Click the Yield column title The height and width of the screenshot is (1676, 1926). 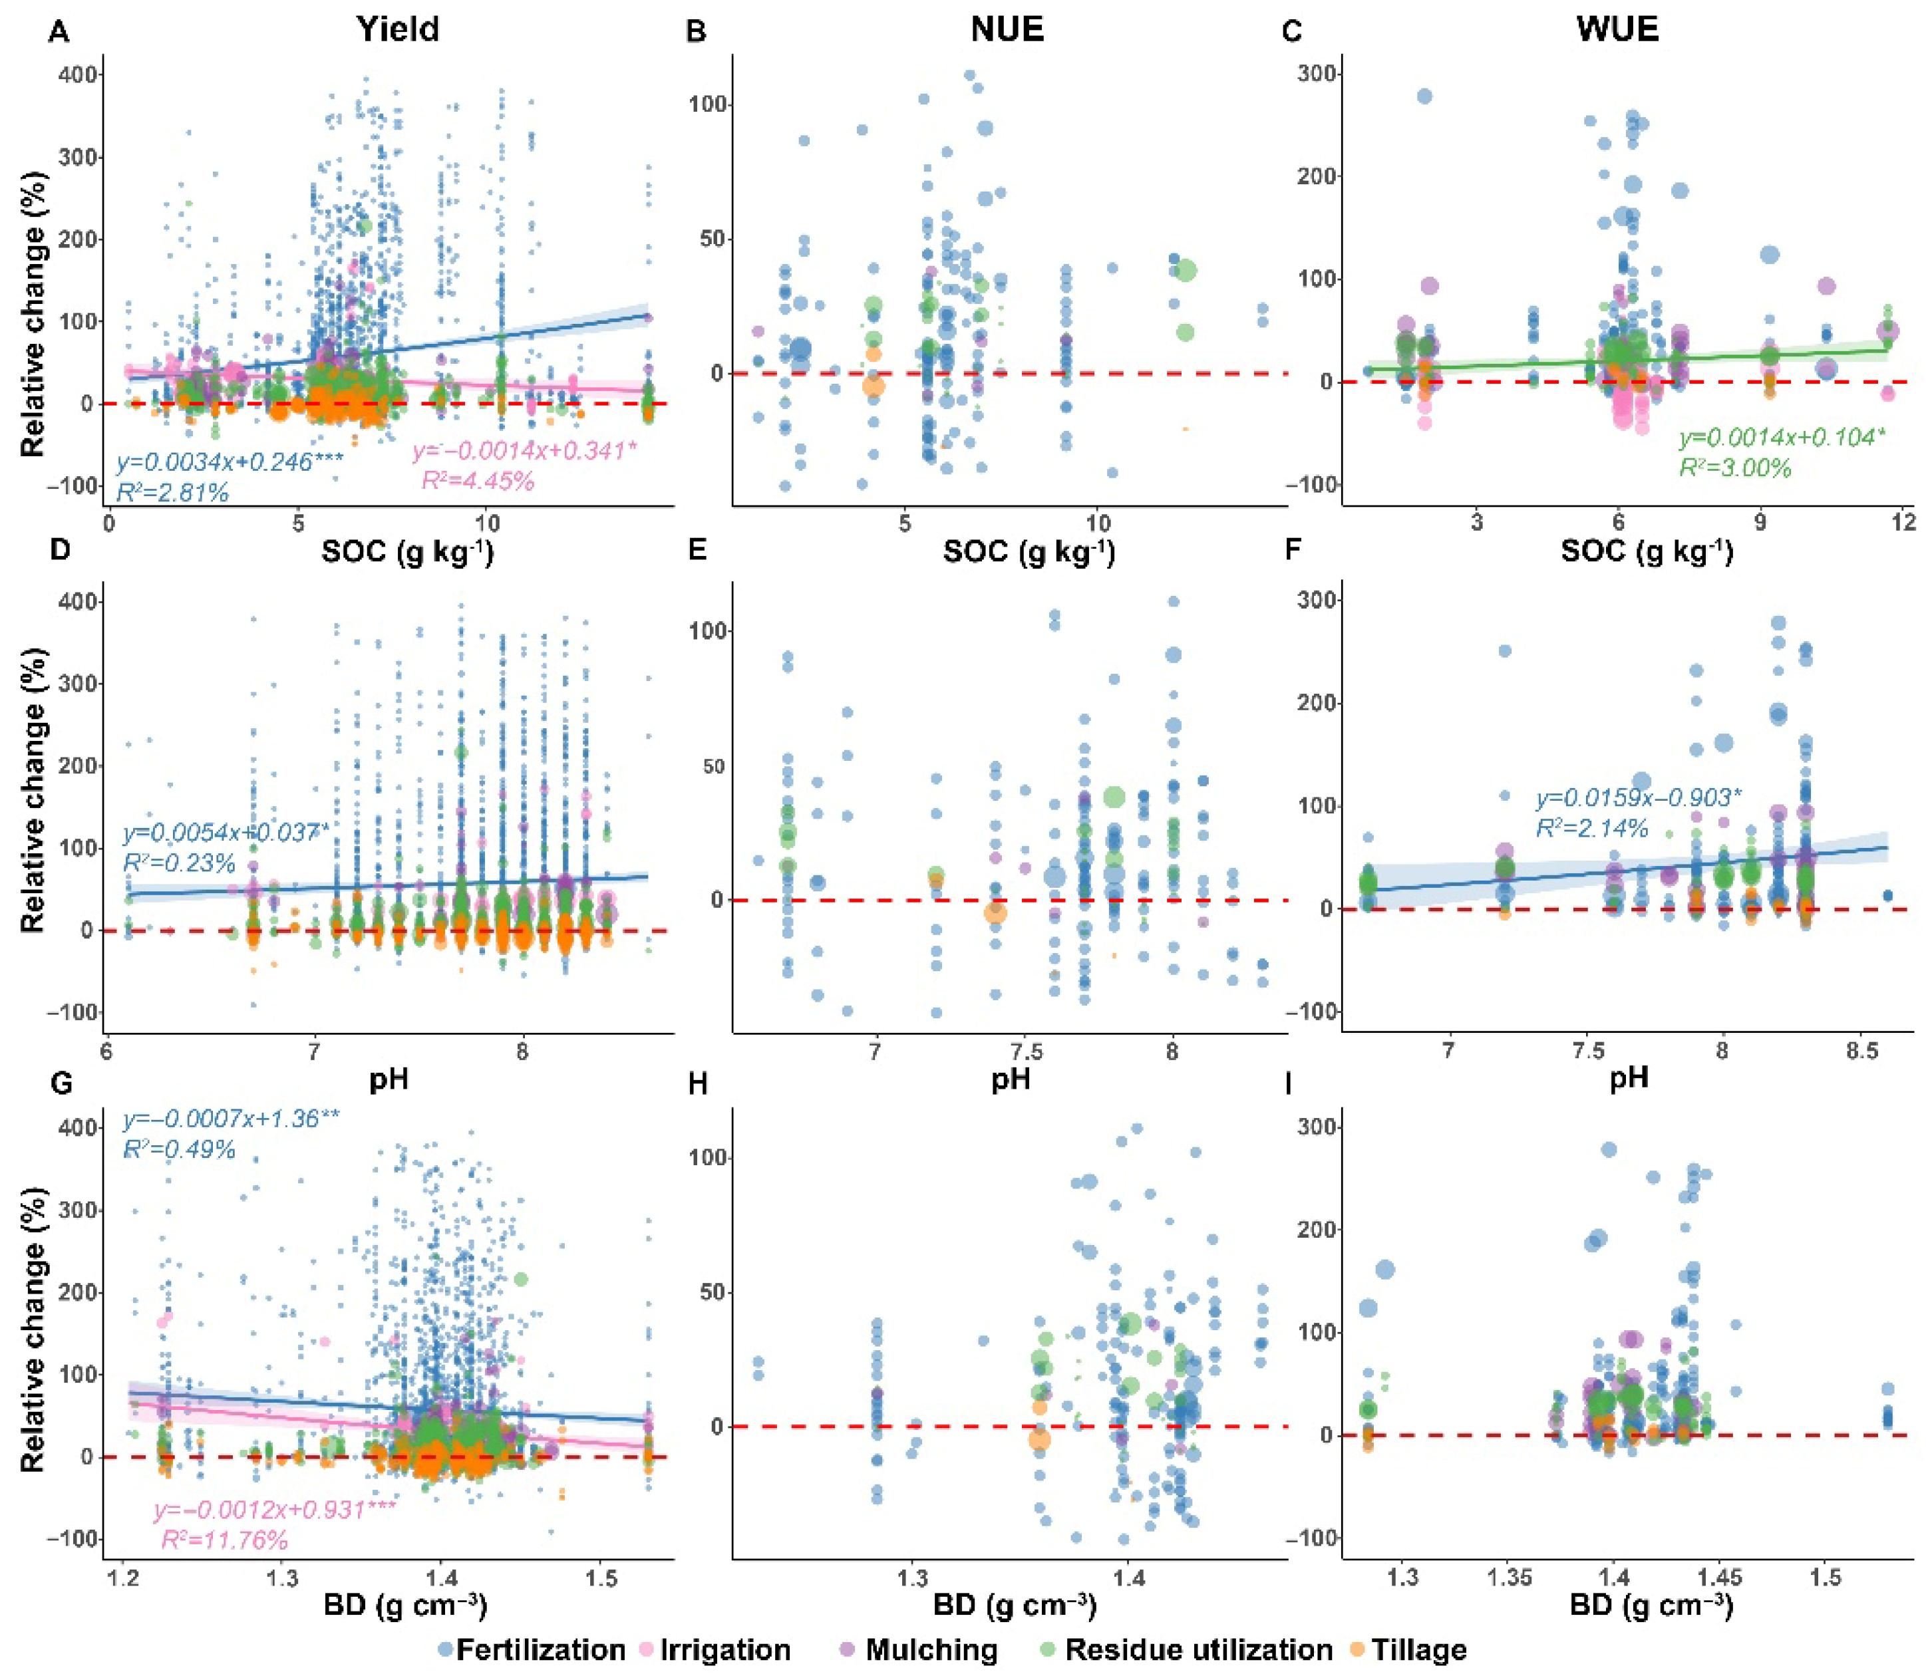point(398,29)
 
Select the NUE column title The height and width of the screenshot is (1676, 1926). point(1007,29)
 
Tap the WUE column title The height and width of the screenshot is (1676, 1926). point(1617,29)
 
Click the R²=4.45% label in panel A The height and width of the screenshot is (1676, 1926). point(478,481)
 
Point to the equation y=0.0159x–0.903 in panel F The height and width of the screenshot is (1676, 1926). point(1638,798)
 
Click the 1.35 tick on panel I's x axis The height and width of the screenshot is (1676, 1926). point(1510,1579)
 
